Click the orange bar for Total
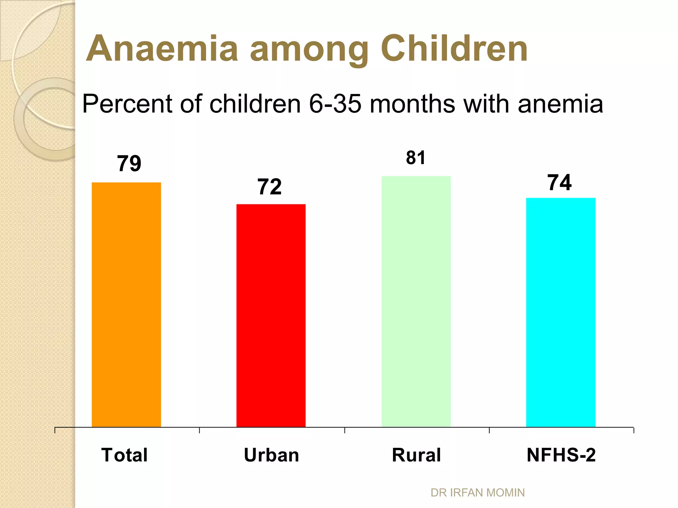126,304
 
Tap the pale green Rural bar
416,301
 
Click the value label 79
129,163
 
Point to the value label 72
269,187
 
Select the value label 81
415,158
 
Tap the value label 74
559,183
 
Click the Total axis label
124,455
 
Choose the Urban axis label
271,455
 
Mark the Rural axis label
416,455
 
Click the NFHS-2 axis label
561,455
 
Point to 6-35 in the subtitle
335,104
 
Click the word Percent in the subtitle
128,104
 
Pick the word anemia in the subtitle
560,104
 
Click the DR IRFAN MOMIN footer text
477,493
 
